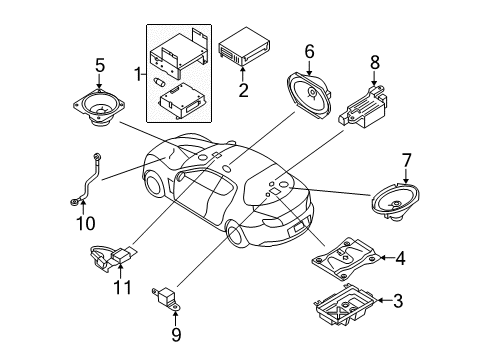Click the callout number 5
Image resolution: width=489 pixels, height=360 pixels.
coord(100,65)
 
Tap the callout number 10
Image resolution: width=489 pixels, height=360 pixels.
coord(86,223)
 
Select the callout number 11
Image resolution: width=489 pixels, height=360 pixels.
coord(122,287)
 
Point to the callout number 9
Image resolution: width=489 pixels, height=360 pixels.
coord(176,334)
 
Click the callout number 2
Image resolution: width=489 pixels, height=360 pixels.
coord(243,90)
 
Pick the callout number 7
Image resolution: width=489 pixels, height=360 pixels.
coord(406,161)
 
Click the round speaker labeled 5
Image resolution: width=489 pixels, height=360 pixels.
coord(99,107)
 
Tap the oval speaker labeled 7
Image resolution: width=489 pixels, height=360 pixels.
coord(395,201)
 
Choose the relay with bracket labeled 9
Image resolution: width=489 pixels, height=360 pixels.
coord(167,297)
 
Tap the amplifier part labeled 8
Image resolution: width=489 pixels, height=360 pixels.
coord(363,106)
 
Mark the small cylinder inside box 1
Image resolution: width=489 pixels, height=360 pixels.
coord(159,82)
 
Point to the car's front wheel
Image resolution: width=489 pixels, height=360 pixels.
coord(237,235)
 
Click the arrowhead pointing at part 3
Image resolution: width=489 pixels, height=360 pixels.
coord(380,300)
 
